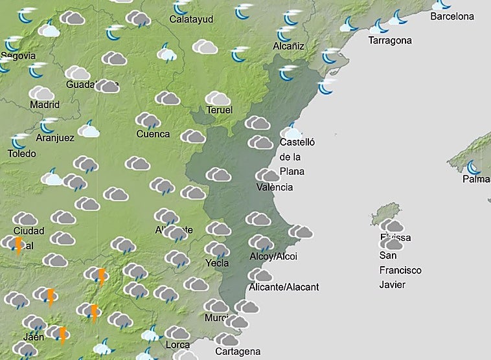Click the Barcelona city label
[452, 16]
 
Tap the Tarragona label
[390, 40]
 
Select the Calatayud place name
[191, 19]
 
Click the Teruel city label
[220, 110]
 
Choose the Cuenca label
[153, 134]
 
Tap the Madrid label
[45, 104]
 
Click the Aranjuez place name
[55, 137]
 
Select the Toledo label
[21, 153]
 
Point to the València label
[275, 187]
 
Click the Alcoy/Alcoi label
[273, 256]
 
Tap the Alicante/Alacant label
[284, 287]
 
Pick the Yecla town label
[217, 263]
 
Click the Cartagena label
[237, 352]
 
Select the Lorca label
[177, 344]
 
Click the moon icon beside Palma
[474, 167]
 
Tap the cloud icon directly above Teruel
[218, 98]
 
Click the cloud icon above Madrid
[41, 93]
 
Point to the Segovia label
[18, 56]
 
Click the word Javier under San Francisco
[392, 284]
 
